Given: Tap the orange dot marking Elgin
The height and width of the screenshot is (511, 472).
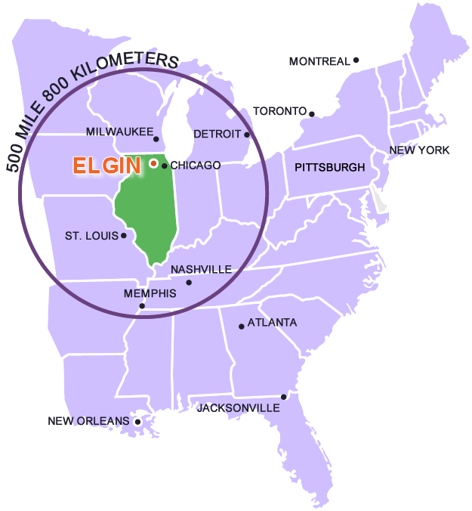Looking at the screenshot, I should click(153, 163).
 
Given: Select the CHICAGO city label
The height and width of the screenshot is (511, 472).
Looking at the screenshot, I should click(196, 166).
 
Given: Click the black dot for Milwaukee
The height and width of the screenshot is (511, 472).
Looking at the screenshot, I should click(156, 138).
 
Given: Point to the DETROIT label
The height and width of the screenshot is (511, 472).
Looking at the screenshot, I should click(217, 134).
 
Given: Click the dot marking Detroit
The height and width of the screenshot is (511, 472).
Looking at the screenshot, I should click(247, 135).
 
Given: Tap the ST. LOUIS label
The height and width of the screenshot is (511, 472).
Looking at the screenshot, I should click(91, 236).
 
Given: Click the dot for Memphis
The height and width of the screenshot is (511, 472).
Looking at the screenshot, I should click(142, 305).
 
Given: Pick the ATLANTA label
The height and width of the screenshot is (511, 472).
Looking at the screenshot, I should click(272, 323).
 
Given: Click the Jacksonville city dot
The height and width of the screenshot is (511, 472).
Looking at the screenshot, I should click(284, 396).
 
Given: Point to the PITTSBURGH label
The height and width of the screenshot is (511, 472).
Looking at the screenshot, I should click(329, 167).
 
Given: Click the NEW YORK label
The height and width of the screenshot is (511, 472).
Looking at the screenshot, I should click(419, 150).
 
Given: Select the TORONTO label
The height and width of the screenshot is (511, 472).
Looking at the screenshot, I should click(280, 110).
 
